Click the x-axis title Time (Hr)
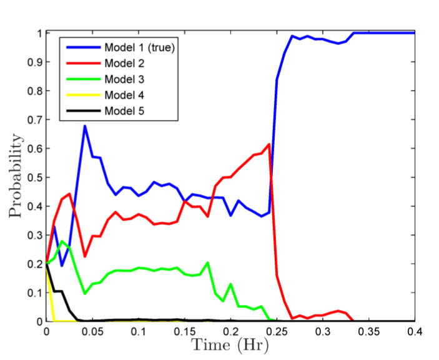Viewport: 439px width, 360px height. click(230, 344)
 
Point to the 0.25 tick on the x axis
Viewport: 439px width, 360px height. click(277, 331)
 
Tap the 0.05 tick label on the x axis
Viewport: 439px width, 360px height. click(92, 331)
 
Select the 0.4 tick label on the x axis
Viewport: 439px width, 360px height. click(415, 331)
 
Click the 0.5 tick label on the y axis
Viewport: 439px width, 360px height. click(34, 177)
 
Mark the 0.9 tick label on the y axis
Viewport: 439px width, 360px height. click(34, 62)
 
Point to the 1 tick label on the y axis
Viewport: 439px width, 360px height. click(39, 33)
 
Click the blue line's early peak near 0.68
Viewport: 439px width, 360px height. click(85, 126)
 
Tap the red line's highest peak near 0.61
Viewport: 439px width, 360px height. click(269, 144)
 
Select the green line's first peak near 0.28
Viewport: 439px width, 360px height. click(61, 241)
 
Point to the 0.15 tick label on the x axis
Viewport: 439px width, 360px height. click(184, 331)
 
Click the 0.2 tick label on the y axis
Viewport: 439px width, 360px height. click(34, 264)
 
